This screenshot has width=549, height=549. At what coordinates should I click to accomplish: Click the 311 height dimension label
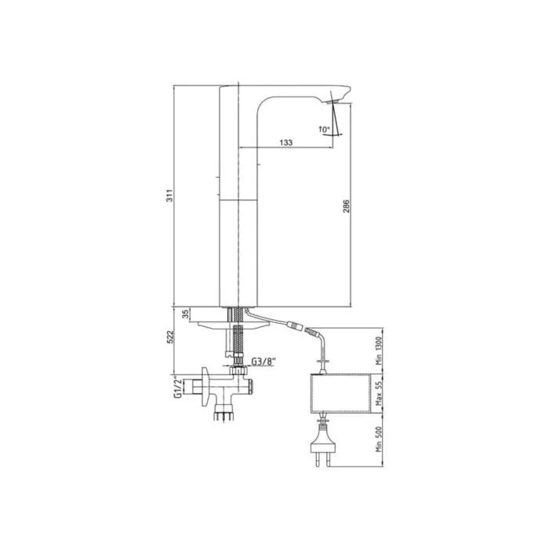[169, 196]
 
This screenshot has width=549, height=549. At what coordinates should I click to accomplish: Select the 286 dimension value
[346, 206]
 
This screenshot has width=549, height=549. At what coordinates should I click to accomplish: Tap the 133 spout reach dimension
[286, 143]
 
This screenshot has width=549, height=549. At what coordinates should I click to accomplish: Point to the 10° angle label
[324, 129]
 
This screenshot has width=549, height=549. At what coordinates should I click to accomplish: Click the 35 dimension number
[187, 314]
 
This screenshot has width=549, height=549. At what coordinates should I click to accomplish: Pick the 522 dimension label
[170, 336]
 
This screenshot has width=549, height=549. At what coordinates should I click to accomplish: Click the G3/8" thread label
[263, 361]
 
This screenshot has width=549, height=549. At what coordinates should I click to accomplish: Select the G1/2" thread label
[177, 388]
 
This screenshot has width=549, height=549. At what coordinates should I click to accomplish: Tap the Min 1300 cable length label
[379, 351]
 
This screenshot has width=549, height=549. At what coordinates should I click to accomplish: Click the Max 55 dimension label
[379, 393]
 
